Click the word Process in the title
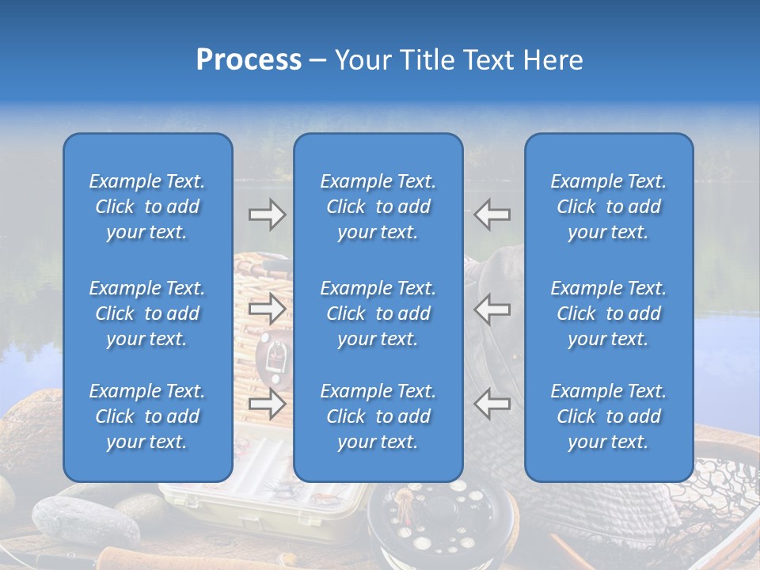coord(249,60)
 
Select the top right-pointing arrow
coord(267,215)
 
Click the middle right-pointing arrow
coord(267,309)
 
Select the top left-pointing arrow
coord(492,215)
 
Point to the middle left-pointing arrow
coord(492,309)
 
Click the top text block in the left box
coord(147,207)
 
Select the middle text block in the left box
coord(147,313)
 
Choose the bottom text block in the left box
coord(147,416)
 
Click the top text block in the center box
coord(378,207)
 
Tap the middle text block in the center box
coord(378,313)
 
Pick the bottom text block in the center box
coord(378,416)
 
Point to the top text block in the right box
coord(609,207)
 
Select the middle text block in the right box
coord(609,313)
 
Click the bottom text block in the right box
coord(609,416)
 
